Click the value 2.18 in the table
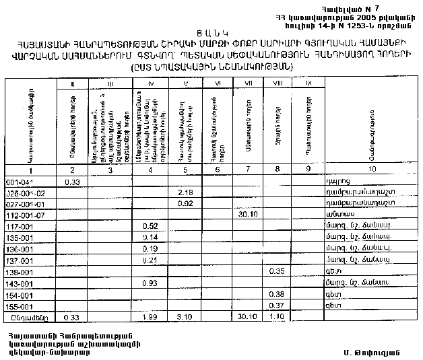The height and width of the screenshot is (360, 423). coord(185,192)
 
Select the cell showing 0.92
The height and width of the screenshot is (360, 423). coord(185,203)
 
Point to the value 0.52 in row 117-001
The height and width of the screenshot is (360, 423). coord(150,226)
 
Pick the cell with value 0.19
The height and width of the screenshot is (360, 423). coord(150,248)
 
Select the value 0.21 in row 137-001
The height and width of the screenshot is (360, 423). coord(150,260)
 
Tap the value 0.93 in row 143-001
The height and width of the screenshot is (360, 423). coord(150,283)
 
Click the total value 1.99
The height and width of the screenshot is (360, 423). coord(150,316)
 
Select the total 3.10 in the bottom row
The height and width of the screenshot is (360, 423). coord(185,316)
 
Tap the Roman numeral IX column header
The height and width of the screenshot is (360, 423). coord(308,83)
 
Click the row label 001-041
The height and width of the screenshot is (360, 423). coord(19,182)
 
